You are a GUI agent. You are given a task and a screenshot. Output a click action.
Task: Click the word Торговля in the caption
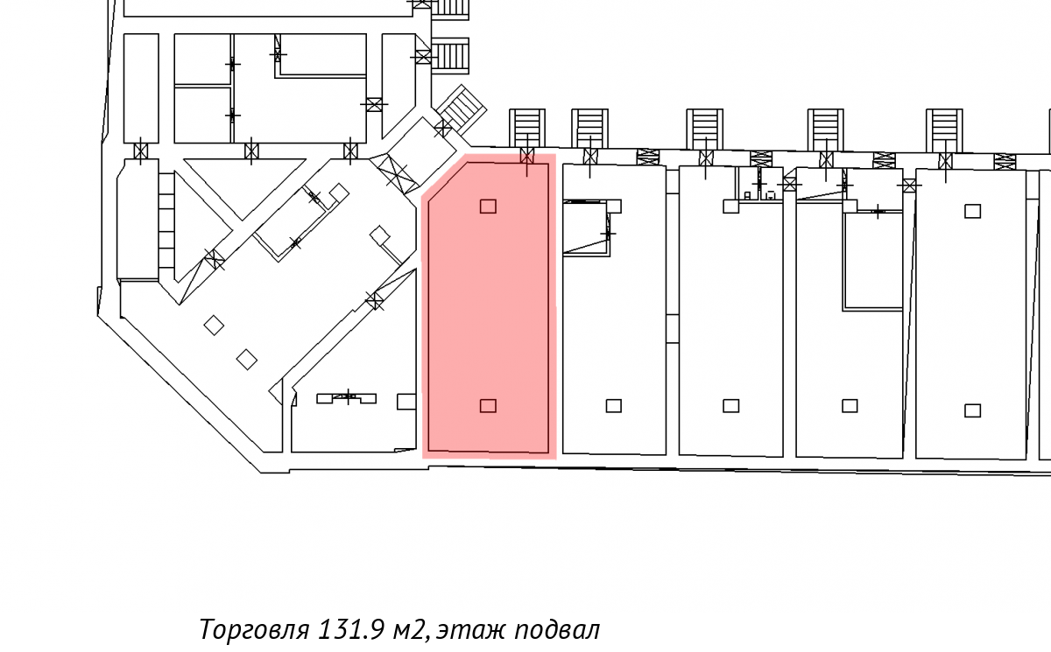point(254,629)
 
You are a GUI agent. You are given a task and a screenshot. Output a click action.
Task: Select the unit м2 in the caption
point(411,630)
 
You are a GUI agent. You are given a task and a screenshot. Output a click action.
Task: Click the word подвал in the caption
point(557,630)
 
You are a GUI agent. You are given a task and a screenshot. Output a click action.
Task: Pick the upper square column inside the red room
point(488,207)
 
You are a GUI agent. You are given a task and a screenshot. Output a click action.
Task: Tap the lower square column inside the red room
point(488,405)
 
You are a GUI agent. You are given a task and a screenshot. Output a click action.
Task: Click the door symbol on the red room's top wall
point(527,156)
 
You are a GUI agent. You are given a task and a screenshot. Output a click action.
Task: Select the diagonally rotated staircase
point(461,109)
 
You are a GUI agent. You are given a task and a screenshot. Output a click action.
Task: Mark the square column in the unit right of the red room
point(614,405)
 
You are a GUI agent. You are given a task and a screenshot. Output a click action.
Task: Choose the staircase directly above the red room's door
point(527,128)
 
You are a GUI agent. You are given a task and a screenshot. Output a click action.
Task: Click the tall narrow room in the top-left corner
point(141,88)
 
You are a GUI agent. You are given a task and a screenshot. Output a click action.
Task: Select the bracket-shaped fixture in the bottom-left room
point(347,398)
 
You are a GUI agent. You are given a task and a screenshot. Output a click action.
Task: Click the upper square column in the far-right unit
point(973,211)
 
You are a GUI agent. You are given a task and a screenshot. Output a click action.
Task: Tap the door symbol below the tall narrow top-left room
point(141,151)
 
